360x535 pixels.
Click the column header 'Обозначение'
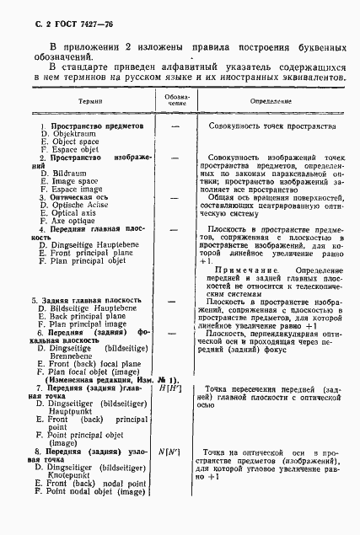click(176, 100)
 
